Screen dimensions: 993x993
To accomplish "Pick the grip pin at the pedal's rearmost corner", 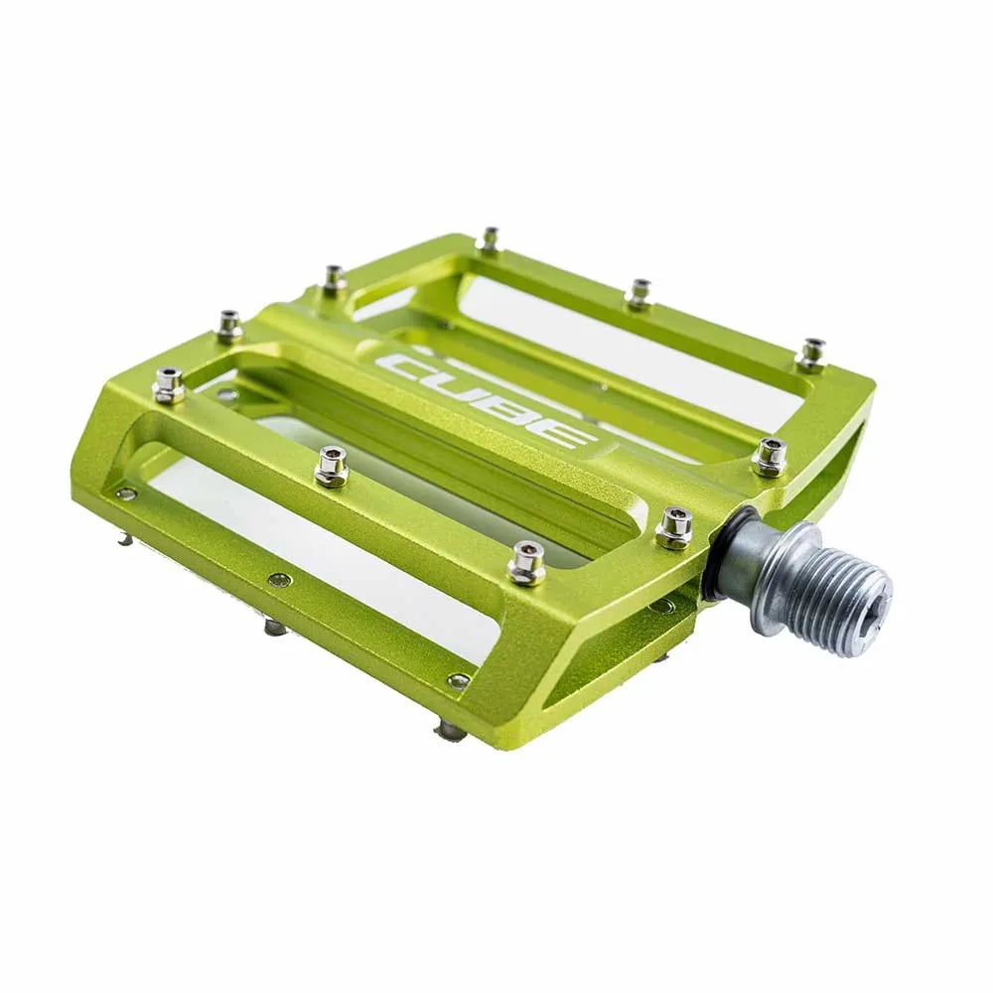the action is click(x=489, y=238).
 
